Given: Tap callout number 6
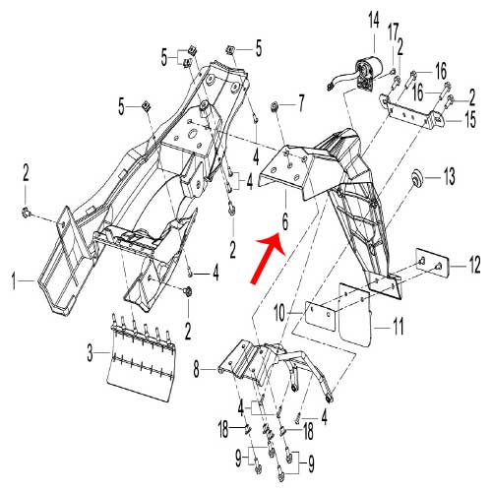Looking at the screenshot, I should pos(283,224).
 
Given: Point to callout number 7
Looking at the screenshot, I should pos(302,101).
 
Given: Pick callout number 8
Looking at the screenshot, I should pos(197,369).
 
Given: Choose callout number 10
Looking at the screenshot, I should pos(278,311).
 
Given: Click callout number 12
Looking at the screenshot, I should pos(473,264).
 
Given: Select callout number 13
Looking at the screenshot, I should pos(450,178).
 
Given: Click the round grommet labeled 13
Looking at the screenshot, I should pos(417,180).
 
